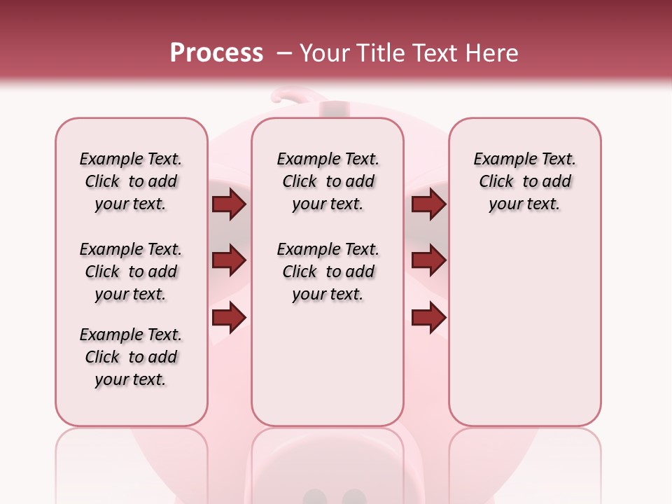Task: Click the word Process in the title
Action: pos(216,53)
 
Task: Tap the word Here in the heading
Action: pos(493,53)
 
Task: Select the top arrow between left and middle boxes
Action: pos(229,204)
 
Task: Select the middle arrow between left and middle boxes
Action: pos(229,261)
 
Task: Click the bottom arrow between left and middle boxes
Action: pos(229,318)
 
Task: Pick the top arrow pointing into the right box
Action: pos(428,204)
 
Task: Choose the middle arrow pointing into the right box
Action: pos(428,261)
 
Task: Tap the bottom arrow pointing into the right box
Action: pos(428,318)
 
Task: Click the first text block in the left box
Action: pos(131,181)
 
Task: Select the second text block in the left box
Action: pos(131,272)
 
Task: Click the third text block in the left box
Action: pos(131,357)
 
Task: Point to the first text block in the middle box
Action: pos(328,181)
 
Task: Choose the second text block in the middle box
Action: pos(328,272)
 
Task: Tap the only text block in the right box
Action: pos(524,181)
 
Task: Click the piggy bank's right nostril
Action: pos(354,497)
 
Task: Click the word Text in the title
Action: pos(435,53)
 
